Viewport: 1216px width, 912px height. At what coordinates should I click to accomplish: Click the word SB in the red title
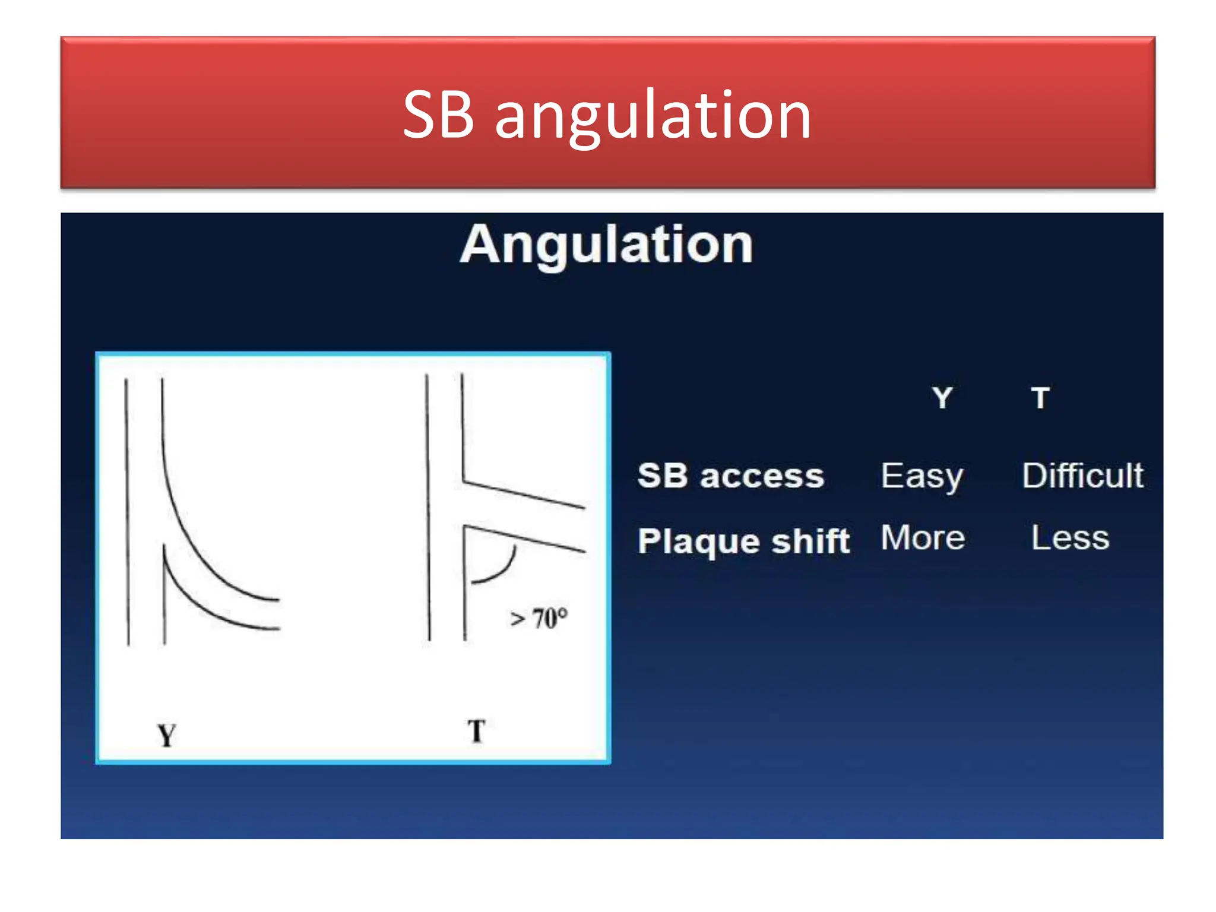[x=438, y=115]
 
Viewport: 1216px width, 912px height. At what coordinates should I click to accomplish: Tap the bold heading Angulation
[x=606, y=244]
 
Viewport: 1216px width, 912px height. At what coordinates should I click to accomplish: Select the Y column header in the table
[x=942, y=397]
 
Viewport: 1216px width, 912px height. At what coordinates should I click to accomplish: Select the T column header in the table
[x=1040, y=397]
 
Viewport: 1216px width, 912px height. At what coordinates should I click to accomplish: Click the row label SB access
[x=731, y=476]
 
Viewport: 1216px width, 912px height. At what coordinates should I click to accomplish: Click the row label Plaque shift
[x=743, y=541]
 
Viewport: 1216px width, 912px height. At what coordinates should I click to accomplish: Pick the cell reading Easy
[x=921, y=476]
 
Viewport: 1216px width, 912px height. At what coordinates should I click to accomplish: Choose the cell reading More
[x=923, y=538]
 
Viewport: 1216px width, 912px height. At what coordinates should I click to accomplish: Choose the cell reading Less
[x=1070, y=538]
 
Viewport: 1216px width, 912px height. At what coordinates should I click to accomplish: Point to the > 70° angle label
[x=539, y=618]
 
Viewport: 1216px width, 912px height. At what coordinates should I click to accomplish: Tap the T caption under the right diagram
[x=476, y=731]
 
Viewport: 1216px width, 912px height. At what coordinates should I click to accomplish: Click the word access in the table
[x=762, y=476]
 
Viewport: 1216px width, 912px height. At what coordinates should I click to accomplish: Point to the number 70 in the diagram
[x=545, y=618]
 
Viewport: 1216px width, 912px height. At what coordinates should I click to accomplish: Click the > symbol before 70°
[x=518, y=619]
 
